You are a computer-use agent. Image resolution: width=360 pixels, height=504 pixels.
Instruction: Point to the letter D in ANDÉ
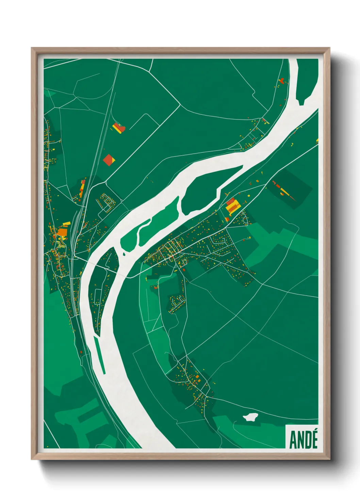tap(307, 440)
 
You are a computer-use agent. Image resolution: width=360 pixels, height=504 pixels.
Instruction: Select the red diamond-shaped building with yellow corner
tap(109, 160)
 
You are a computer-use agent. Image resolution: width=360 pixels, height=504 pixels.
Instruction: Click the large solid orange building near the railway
tap(62, 232)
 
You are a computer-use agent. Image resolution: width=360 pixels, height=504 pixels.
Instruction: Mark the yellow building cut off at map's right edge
tap(317, 140)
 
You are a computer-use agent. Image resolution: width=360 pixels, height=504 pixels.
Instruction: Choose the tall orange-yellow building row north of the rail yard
tap(82, 188)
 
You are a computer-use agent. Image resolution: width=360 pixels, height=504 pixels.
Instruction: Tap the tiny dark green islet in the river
tap(124, 254)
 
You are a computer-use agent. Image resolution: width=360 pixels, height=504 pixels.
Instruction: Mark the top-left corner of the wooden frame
tap(32, 48)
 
